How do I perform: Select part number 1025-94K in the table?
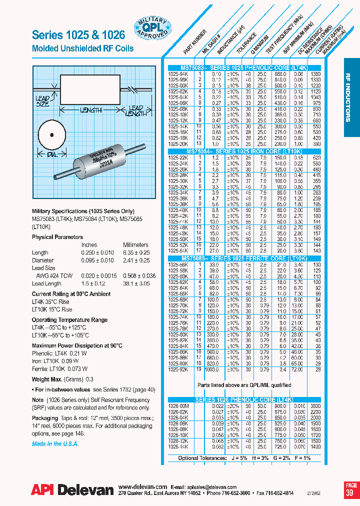(x=178, y=73)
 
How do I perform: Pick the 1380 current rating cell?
(x=316, y=73)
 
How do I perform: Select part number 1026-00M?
(x=178, y=406)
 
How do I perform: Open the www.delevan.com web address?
(x=142, y=486)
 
